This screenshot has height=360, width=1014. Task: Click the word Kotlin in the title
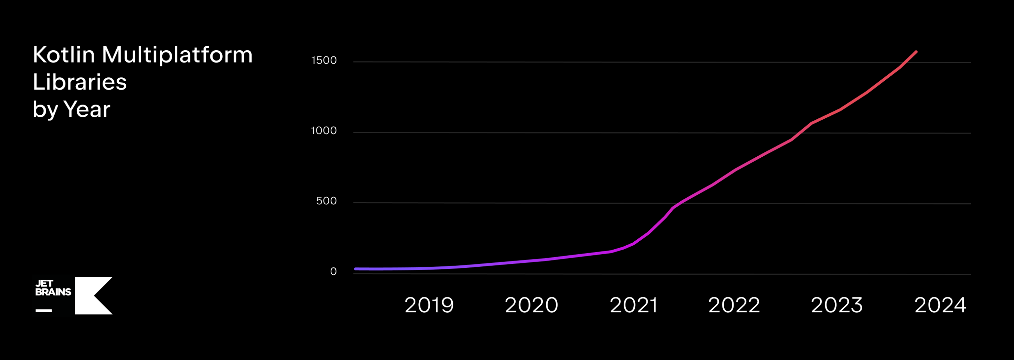pos(64,55)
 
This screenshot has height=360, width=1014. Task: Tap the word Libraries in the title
pos(80,82)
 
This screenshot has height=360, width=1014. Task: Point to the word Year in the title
pos(87,109)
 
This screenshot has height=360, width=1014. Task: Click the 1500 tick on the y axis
pos(324,60)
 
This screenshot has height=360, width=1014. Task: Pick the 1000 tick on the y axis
pos(324,131)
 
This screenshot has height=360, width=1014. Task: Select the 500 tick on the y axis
pos(326,201)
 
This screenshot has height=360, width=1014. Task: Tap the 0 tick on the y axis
pos(333,271)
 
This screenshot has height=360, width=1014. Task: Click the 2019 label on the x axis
pos(429,305)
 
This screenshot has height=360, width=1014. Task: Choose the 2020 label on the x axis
pos(531,305)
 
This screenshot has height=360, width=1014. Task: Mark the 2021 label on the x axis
pos(634,305)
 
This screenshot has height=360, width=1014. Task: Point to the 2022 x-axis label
pos(734,305)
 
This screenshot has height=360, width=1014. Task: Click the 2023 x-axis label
pos(837,305)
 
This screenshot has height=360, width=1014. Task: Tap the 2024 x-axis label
pos(940,305)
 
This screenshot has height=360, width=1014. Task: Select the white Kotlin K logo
pos(93,296)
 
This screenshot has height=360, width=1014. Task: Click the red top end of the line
pos(916,51)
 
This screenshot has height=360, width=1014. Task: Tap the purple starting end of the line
pos(356,269)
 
